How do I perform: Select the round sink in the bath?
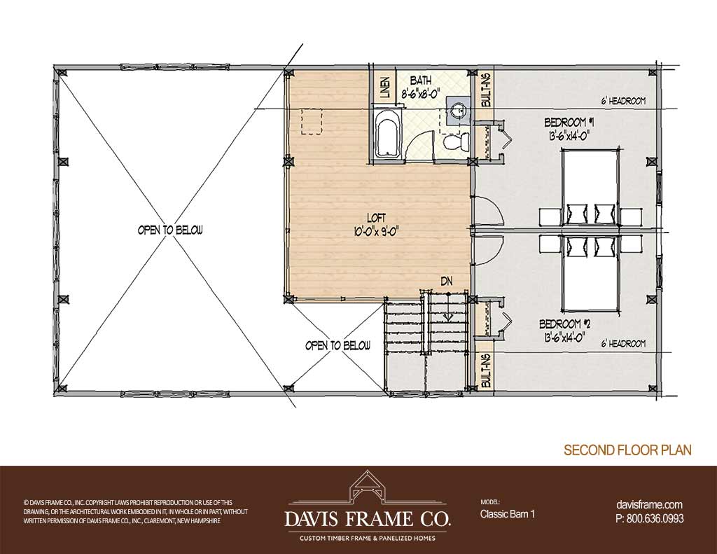pyautogui.click(x=457, y=111)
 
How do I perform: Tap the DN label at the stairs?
pyautogui.click(x=447, y=282)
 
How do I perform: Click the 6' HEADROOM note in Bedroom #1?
pyautogui.click(x=623, y=101)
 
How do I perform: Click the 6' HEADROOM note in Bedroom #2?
pyautogui.click(x=623, y=344)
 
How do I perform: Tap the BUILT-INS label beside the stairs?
pyautogui.click(x=486, y=371)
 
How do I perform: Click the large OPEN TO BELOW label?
pyautogui.click(x=170, y=230)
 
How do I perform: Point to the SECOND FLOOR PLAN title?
pyautogui.click(x=627, y=450)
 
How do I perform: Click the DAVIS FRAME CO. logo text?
pyautogui.click(x=368, y=519)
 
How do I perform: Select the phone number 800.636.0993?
pyautogui.click(x=655, y=518)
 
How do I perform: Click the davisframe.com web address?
pyautogui.click(x=649, y=504)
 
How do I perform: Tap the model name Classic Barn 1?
pyautogui.click(x=507, y=514)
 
